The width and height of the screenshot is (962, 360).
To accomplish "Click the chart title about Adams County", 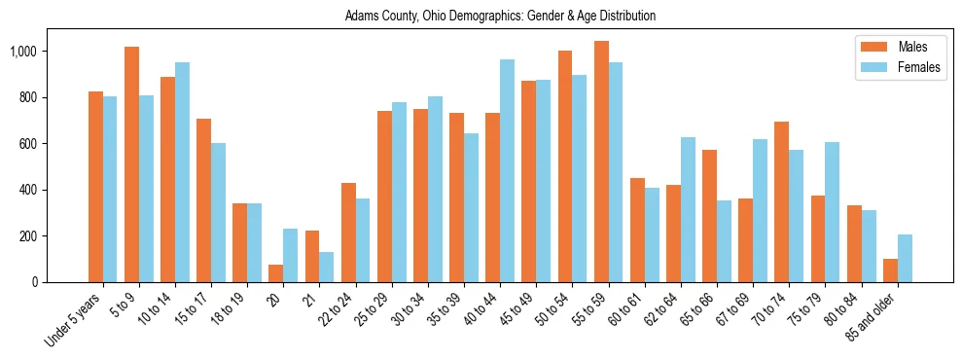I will tap(500, 17).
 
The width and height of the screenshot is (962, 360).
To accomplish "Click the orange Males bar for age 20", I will tap(275, 273).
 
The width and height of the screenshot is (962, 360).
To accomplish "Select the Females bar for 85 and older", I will tap(905, 259).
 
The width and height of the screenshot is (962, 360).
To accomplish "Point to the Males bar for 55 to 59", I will tap(601, 162).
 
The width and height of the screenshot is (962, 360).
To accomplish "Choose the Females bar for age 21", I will tap(326, 268).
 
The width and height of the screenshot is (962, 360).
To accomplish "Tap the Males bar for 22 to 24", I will tap(348, 233).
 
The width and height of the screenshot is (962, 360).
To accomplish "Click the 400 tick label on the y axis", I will tap(53, 190).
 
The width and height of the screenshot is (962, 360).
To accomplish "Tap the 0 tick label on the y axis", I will tap(61, 282).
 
